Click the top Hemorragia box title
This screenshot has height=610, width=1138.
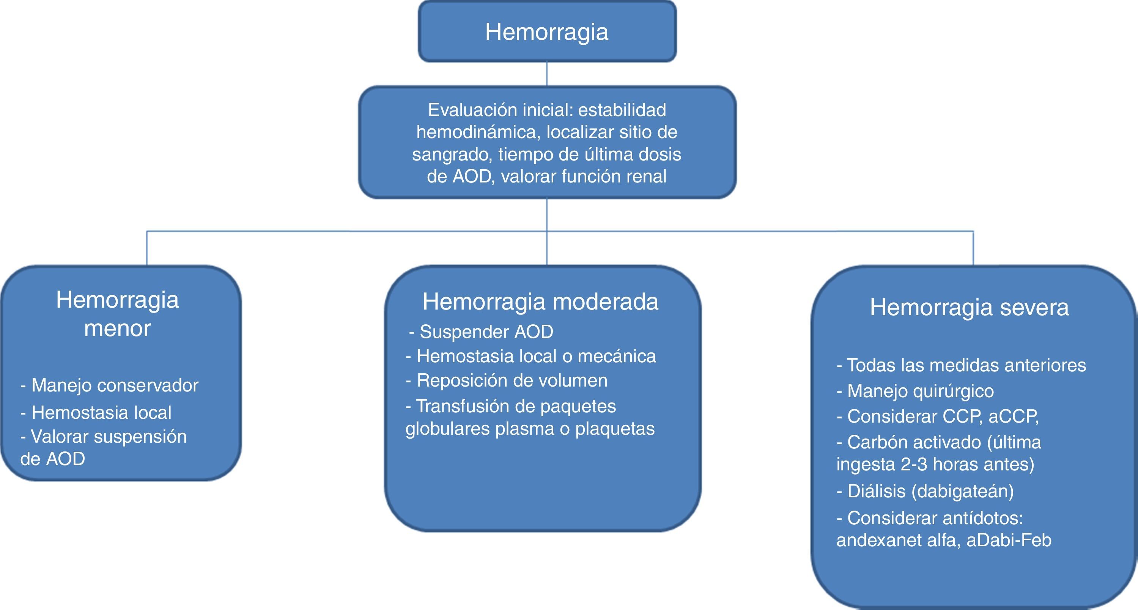coord(546,32)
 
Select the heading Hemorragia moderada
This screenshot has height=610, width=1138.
coord(540,302)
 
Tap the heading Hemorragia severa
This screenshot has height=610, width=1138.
coord(969,307)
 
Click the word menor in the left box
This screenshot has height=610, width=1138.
coord(118,328)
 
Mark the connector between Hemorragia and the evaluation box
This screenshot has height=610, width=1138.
coord(547,74)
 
